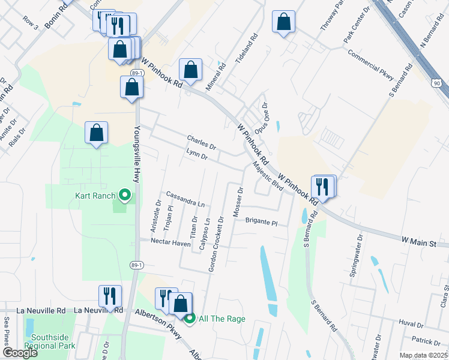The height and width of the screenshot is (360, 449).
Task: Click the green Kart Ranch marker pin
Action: tap(125, 194)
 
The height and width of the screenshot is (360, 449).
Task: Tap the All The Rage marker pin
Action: tap(190, 319)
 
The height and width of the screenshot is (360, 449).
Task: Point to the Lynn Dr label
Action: tap(197, 156)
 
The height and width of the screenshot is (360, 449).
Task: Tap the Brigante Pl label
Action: tap(261, 221)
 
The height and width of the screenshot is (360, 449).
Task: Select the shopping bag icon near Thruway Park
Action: tap(283, 22)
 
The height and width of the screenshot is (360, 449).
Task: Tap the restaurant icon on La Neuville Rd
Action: tap(110, 295)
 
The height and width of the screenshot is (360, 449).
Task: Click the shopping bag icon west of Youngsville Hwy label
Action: tap(97, 133)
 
